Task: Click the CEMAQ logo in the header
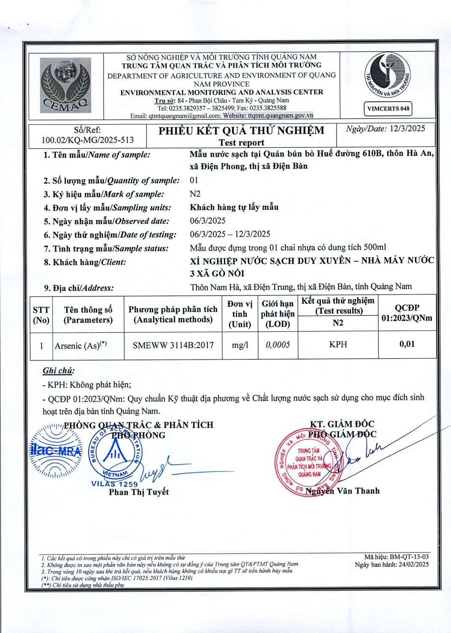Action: point(65,86)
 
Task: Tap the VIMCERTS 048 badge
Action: point(388,108)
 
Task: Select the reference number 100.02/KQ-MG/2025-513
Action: point(87,140)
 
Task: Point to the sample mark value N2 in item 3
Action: point(195,194)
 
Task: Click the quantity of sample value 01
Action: point(194,180)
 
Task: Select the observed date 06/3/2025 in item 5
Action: point(208,221)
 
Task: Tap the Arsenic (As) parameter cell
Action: point(81,346)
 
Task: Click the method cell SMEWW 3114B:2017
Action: point(173,345)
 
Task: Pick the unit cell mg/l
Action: point(240,345)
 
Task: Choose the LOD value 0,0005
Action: point(278,345)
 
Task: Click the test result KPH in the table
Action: point(338,344)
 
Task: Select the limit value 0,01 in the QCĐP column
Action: point(407,344)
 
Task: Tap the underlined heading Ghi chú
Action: point(58,371)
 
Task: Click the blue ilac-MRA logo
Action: point(56,451)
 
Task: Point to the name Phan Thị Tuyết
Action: point(139,492)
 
